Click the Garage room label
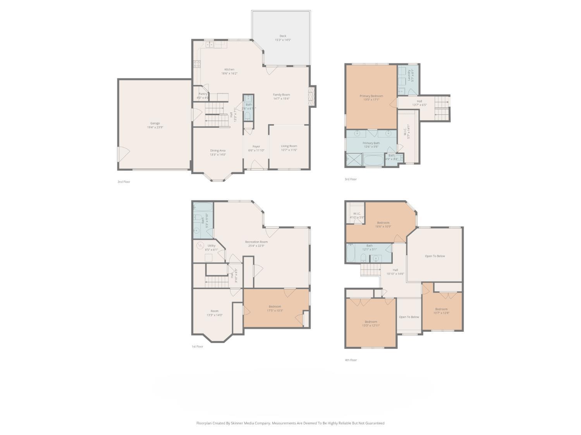155,123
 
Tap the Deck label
283,36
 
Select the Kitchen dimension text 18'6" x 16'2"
229,73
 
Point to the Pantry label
203,94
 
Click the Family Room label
281,95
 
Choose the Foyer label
256,147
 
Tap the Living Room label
289,146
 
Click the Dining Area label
218,150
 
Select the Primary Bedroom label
371,96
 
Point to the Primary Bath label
371,143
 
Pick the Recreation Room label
256,242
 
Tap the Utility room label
211,246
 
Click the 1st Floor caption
197,346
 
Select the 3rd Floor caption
351,179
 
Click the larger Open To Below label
435,256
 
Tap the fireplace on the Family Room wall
311,96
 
